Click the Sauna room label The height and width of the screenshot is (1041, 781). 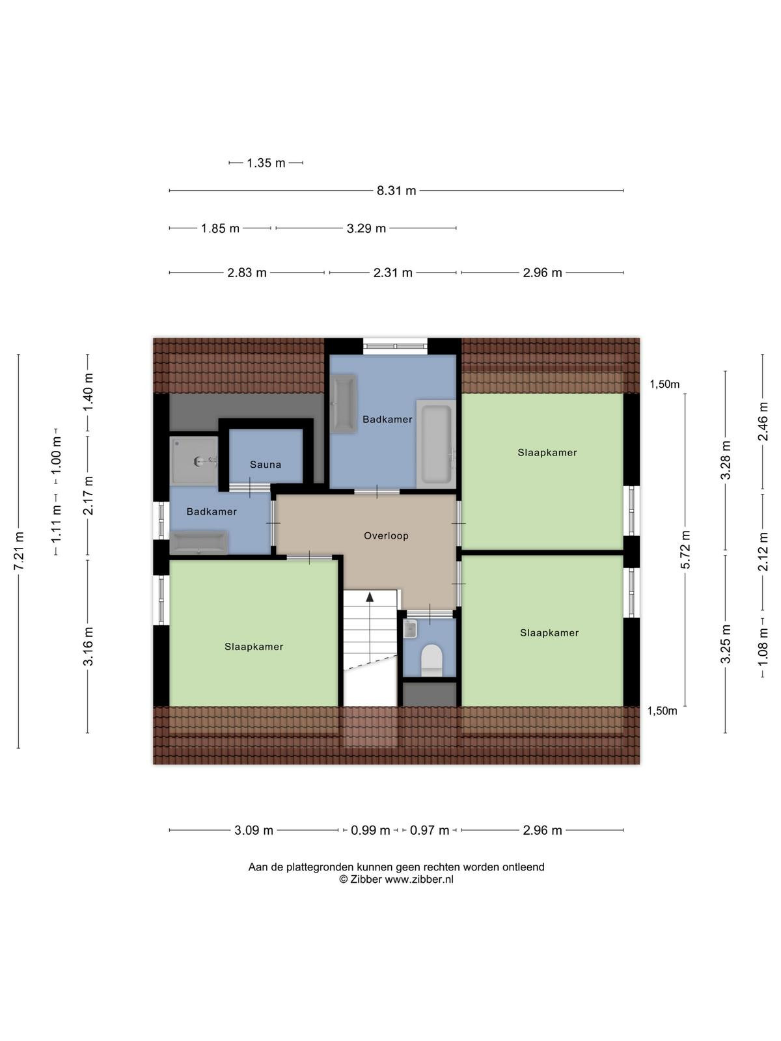265,465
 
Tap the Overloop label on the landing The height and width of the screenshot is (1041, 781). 386,535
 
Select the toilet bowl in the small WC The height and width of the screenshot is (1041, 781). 432,660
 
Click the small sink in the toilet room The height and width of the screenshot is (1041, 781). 410,629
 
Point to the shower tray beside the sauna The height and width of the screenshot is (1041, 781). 194,461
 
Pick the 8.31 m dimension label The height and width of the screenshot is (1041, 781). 396,191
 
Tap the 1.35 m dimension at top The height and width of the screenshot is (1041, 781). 266,163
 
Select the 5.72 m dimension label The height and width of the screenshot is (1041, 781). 685,549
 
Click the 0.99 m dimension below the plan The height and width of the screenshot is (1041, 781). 370,830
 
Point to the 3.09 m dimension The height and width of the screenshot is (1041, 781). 254,830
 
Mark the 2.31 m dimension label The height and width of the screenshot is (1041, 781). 392,273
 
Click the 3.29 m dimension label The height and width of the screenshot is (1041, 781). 366,228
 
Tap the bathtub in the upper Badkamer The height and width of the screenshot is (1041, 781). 436,444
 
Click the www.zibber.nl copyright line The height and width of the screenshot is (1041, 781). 396,879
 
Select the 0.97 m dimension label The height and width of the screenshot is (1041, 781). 429,830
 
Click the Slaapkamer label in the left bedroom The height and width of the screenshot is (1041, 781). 254,647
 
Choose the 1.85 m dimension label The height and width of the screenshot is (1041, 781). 220,228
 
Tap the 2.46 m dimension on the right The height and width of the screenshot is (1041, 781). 763,422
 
